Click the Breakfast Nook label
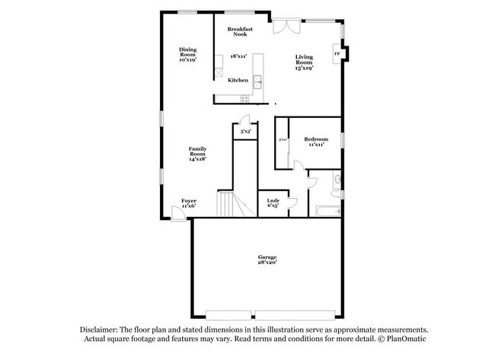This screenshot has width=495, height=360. click(240, 31)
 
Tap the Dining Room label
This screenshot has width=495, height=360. click(187, 54)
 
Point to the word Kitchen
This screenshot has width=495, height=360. click(238, 80)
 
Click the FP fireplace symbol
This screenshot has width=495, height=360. click(337, 54)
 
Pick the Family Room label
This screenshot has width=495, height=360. click(198, 153)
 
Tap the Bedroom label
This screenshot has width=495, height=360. click(316, 142)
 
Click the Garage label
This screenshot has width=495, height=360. click(267, 260)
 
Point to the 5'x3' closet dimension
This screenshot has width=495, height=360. click(245, 132)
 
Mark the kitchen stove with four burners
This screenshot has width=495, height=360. click(244, 98)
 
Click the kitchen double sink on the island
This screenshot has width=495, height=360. click(258, 81)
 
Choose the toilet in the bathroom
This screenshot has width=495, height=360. click(337, 180)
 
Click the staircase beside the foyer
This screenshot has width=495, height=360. click(226, 204)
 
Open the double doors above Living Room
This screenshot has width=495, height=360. click(285, 25)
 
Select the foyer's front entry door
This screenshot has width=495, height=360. click(177, 215)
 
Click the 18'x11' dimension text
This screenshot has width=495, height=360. click(238, 56)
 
